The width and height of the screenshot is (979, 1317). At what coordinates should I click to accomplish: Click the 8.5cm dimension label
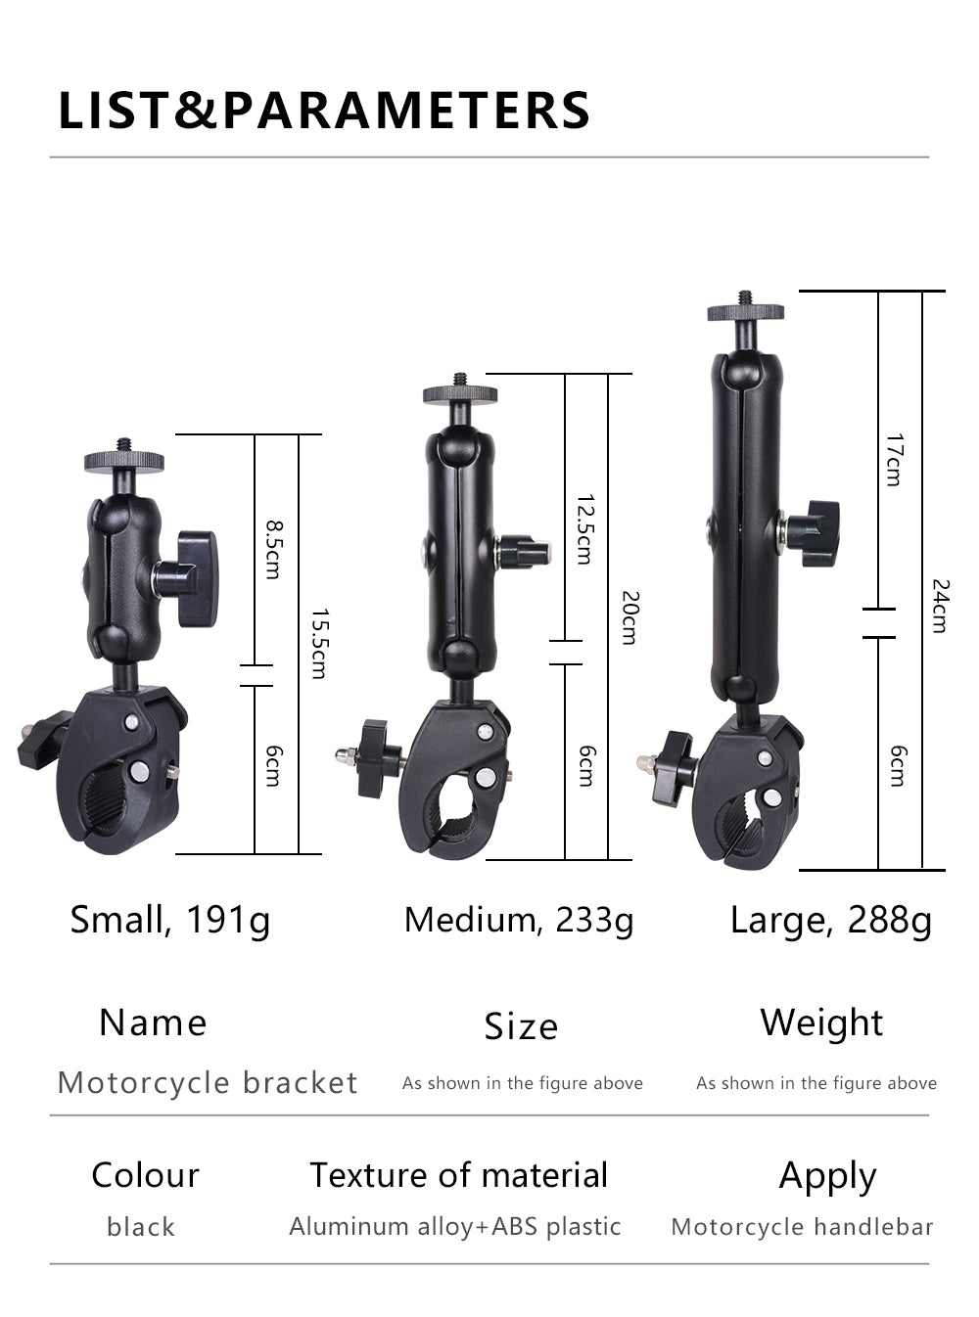274,549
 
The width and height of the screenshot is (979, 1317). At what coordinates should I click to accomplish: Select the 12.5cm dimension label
585,529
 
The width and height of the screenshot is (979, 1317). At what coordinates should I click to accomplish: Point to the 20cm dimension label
629,617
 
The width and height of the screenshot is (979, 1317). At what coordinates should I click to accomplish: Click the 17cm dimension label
894,460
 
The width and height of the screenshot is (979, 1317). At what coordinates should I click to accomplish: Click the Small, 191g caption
170,921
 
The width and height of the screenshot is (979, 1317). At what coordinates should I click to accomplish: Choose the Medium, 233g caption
519,921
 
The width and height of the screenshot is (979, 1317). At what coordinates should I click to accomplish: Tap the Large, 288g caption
830,921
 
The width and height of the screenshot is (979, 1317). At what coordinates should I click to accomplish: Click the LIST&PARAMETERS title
324,110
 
